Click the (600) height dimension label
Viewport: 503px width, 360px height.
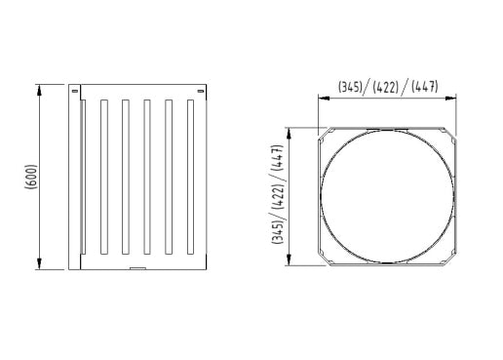point(31,177)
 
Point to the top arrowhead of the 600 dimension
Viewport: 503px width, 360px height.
point(40,90)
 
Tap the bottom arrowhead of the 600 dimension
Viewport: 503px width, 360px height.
point(40,263)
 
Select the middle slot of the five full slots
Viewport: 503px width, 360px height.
point(147,177)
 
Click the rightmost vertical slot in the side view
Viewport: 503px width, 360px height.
point(190,177)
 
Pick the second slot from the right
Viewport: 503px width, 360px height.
point(169,177)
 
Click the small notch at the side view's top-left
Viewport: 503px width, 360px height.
point(75,92)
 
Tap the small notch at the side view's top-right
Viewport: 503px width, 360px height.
point(201,92)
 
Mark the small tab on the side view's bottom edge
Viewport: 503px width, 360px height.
point(137,268)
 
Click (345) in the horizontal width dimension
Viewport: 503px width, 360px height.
point(350,87)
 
